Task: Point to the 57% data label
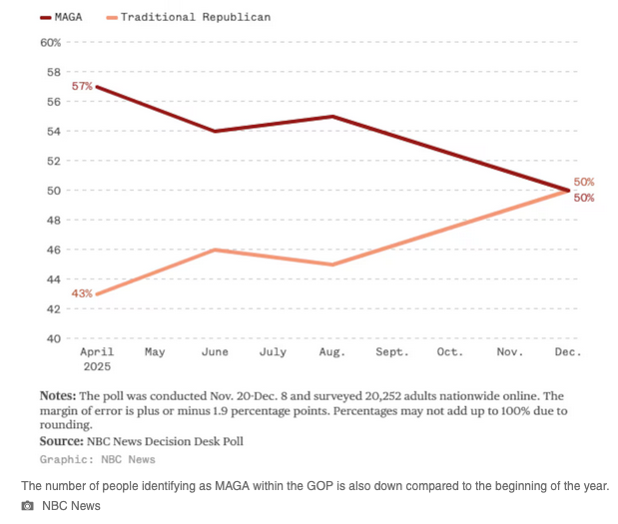click(x=82, y=87)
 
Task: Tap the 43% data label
click(x=82, y=293)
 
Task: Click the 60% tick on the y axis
click(x=50, y=42)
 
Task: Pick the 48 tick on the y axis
click(x=54, y=220)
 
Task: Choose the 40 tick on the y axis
click(x=54, y=338)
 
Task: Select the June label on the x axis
click(x=215, y=352)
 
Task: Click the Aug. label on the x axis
click(x=331, y=352)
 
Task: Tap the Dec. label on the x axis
click(x=567, y=352)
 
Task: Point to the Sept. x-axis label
click(x=391, y=352)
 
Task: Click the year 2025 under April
click(x=97, y=366)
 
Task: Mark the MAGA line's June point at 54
click(x=215, y=131)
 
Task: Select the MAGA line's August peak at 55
click(x=331, y=117)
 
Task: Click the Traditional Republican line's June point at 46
click(x=215, y=250)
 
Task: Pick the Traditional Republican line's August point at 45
click(x=331, y=264)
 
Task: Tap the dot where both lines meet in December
click(x=568, y=190)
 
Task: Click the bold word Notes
click(x=57, y=395)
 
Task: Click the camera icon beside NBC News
click(x=28, y=506)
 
